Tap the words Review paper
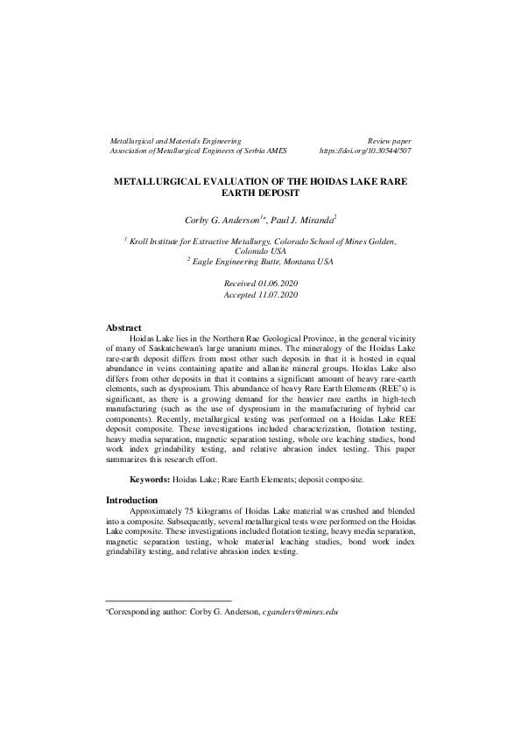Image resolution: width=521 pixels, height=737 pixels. pos(390,140)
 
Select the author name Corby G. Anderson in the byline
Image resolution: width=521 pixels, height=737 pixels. pos(232,218)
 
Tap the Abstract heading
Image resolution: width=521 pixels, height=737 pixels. pos(123,327)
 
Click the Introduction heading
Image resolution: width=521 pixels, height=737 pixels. pos(131,500)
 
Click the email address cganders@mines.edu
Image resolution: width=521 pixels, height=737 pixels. pos(300,612)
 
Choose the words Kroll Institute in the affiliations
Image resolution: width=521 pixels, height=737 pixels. pos(157,240)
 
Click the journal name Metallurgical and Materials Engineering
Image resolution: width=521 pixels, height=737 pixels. pos(174,140)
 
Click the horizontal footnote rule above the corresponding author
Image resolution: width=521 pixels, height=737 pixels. pos(168,600)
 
